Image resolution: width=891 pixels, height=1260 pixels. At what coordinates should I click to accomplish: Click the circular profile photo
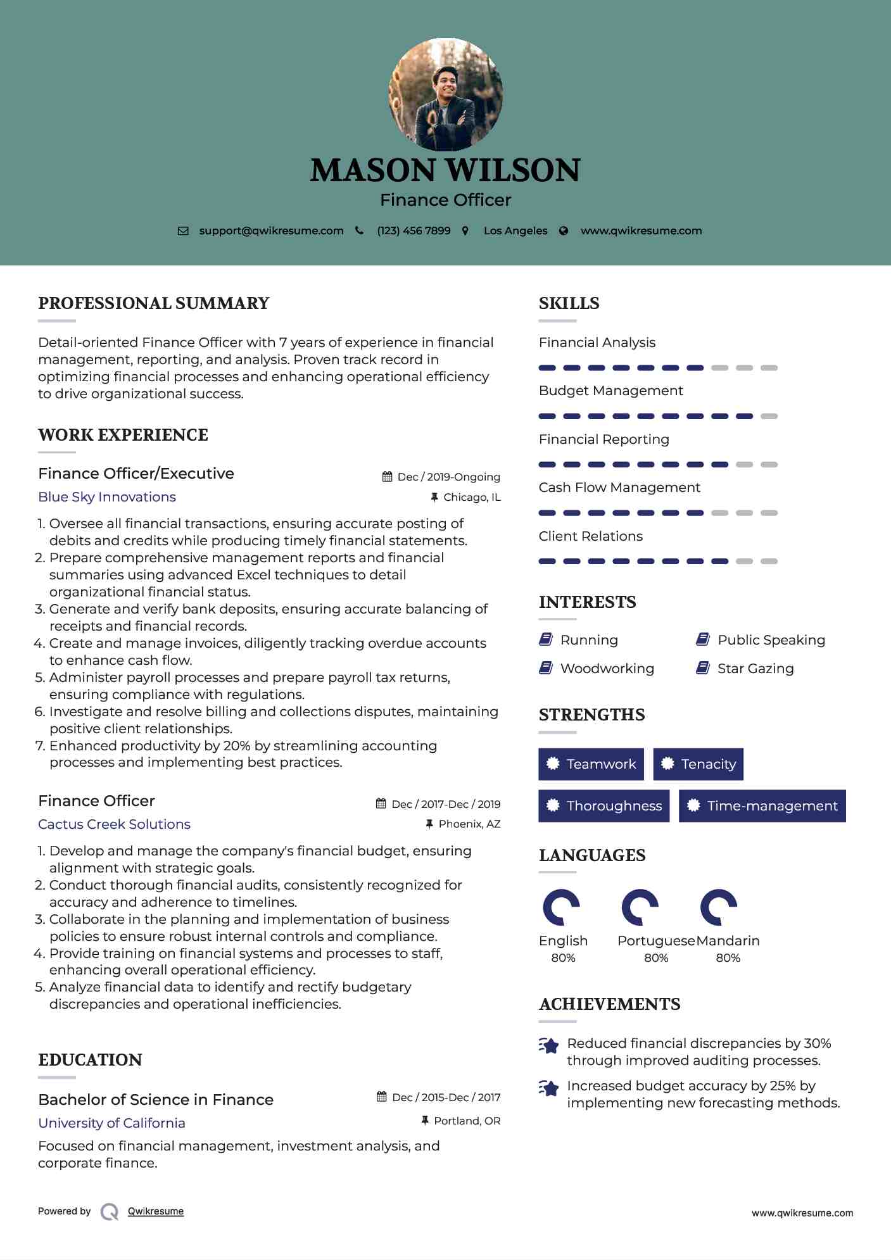[x=445, y=95]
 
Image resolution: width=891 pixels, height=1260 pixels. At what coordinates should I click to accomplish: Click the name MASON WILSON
[x=445, y=170]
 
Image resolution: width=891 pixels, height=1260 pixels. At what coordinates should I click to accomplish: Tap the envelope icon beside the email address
[x=183, y=231]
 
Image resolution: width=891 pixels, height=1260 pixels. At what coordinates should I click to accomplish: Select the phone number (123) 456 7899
[x=414, y=231]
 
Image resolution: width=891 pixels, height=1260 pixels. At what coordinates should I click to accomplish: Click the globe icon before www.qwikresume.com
[x=564, y=231]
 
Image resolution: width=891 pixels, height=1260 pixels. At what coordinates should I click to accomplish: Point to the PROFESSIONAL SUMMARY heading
[x=154, y=303]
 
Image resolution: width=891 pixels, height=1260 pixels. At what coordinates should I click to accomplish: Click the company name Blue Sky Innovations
[x=107, y=497]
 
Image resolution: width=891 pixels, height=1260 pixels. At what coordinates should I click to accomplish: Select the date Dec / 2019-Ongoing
[x=448, y=477]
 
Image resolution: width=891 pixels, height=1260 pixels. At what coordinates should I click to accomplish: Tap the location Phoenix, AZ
[x=469, y=824]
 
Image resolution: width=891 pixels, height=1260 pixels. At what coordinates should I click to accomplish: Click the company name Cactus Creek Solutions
[x=114, y=824]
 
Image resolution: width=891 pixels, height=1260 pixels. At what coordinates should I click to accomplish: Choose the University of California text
[x=111, y=1123]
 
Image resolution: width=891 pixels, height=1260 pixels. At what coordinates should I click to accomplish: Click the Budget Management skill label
[x=610, y=391]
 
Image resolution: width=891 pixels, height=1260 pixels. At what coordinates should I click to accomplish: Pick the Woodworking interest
[x=607, y=669]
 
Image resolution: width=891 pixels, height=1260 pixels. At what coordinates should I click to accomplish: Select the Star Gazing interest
[x=755, y=669]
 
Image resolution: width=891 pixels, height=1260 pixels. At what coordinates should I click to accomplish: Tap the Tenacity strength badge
[x=698, y=764]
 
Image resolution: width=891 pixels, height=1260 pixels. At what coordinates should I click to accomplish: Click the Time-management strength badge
[x=762, y=806]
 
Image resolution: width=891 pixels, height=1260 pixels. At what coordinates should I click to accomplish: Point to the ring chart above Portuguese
[x=640, y=907]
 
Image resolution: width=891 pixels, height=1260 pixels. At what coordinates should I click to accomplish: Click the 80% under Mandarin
[x=728, y=958]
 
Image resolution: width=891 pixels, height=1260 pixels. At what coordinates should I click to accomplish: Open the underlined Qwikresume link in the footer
[x=156, y=1211]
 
